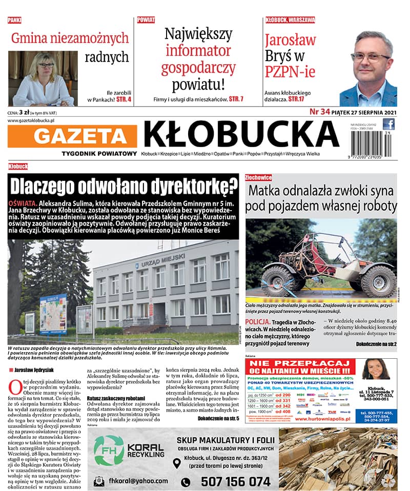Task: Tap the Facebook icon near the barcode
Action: click(389, 124)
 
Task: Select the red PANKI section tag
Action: click(14, 20)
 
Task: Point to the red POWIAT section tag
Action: click(146, 20)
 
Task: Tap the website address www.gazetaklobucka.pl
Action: click(31, 120)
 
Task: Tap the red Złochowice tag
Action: click(258, 177)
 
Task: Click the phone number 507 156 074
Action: click(235, 481)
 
